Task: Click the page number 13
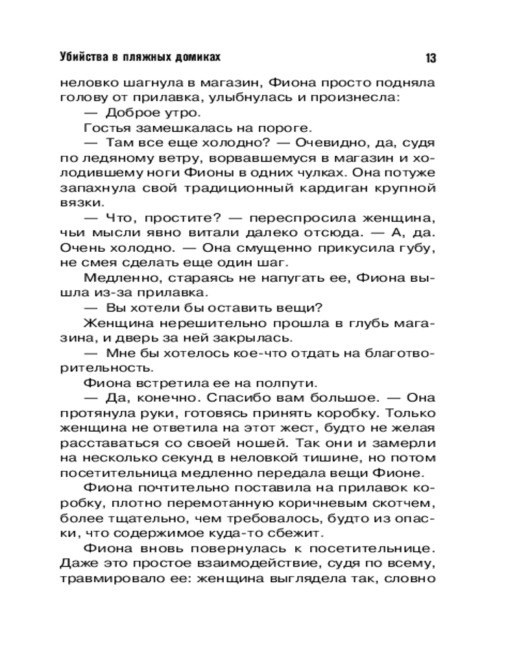431,58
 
